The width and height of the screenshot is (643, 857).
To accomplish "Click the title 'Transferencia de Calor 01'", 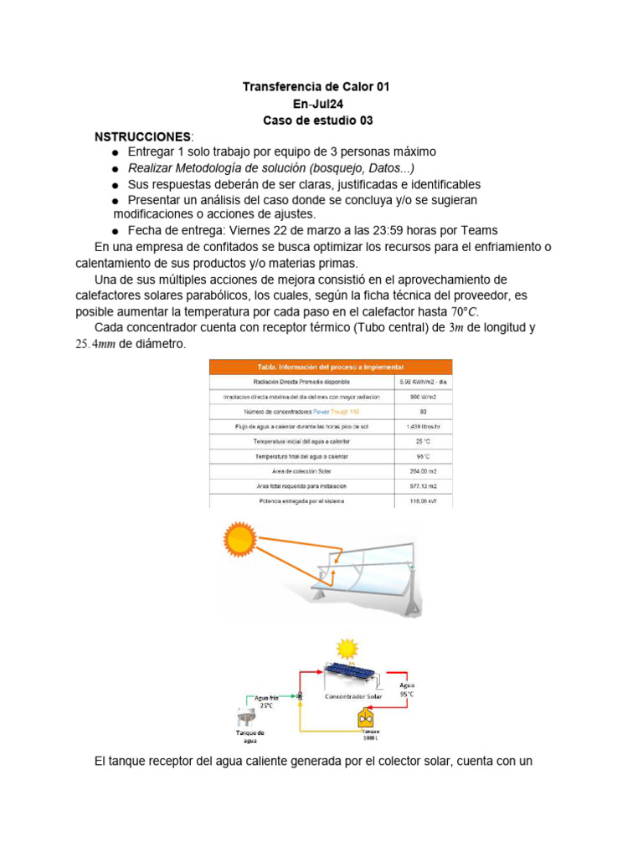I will click(x=316, y=87).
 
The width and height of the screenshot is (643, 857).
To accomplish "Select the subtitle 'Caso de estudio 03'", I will click(x=317, y=121).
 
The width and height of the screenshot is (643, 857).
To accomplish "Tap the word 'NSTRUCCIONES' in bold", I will click(x=142, y=136).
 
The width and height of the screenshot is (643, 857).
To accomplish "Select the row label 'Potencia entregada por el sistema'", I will click(x=301, y=500).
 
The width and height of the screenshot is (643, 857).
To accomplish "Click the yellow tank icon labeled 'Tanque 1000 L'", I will click(x=366, y=717).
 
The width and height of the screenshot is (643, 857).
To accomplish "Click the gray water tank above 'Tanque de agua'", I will click(x=248, y=718).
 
